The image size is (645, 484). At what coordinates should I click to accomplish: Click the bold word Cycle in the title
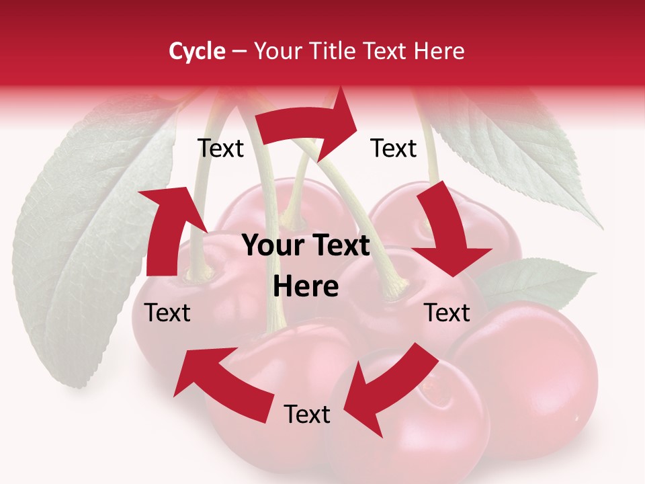197,51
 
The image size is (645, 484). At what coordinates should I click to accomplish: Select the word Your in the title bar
279,51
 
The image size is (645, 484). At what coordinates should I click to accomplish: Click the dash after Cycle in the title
239,52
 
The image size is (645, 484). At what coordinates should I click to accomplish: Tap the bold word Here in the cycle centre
306,287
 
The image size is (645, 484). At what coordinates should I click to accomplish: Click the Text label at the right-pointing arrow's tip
394,148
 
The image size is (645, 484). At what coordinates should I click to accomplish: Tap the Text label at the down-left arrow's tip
307,415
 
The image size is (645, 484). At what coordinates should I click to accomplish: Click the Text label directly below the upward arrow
167,313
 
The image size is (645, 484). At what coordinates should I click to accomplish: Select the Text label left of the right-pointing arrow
220,148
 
